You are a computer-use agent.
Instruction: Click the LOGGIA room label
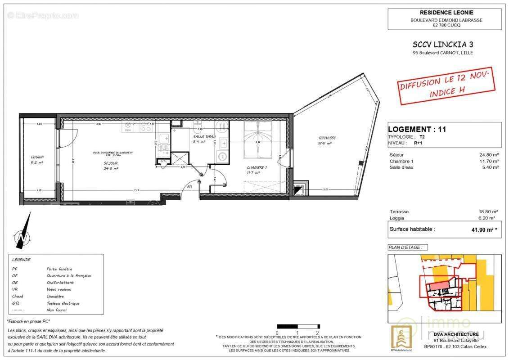tap(37, 157)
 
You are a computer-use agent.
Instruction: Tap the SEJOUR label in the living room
tap(110, 163)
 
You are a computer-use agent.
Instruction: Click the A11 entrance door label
tap(190, 187)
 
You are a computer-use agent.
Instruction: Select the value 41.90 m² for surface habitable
tap(483, 229)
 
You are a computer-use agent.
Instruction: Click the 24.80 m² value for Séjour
tap(489, 155)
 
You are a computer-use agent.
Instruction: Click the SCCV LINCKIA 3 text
tap(437, 44)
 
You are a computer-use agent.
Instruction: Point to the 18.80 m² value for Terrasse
tap(489, 211)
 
